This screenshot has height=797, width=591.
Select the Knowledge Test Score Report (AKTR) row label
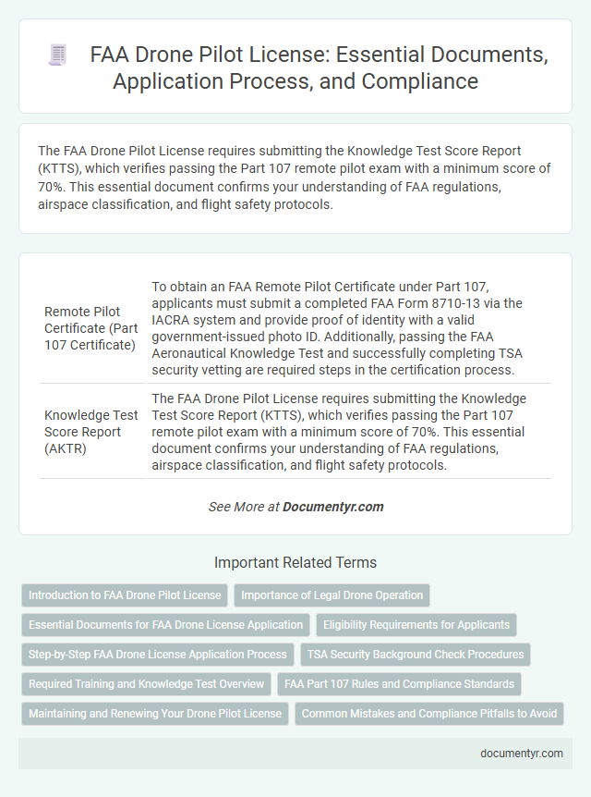pos(91,431)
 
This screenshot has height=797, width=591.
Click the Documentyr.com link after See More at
pos(332,507)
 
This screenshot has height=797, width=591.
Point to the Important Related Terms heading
pos(295,562)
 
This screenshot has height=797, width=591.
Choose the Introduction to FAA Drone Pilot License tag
pos(125,595)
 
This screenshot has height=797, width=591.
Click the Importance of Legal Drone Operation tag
pos(332,595)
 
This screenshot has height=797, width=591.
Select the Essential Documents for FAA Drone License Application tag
pos(165,625)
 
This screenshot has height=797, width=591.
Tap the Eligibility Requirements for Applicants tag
pos(416,625)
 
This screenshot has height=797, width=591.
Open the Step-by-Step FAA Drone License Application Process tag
pos(157,655)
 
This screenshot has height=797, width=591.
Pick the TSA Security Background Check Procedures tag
pos(416,655)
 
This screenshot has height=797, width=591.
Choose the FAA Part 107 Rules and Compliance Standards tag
pos(399,684)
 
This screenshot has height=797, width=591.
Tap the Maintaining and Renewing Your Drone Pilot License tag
pos(154,714)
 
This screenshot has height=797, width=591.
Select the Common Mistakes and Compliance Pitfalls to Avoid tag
pos(429,714)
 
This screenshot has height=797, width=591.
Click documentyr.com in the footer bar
pos(522,754)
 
